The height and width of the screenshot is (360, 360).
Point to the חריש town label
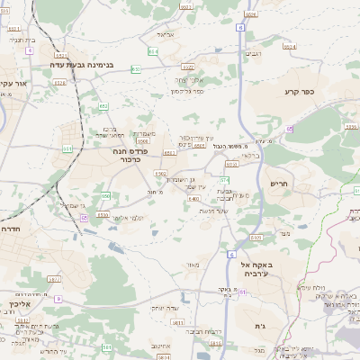coord(280,184)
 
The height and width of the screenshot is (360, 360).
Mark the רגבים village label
coord(254,54)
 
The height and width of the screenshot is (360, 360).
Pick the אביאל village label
coord(164,33)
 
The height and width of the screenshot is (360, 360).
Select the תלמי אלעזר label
coord(130,218)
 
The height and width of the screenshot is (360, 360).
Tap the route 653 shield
coord(136,68)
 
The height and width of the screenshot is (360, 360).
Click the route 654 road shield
coord(153,51)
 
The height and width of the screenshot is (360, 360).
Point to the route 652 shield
coord(103,106)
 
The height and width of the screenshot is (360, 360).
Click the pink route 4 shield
coord(29,51)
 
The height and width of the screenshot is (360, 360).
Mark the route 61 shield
coord(289,129)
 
